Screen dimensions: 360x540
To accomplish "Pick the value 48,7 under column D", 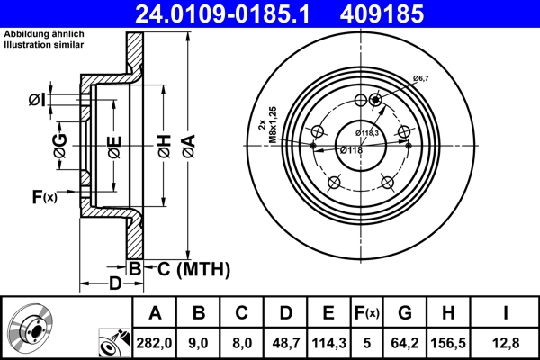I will [284, 341].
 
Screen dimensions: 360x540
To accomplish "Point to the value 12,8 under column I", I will [508, 341].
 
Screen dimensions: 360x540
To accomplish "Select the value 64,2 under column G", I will [404, 341].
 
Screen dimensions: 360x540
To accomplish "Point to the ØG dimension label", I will [59, 148].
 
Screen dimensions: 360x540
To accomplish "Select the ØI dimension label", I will [37, 99].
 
